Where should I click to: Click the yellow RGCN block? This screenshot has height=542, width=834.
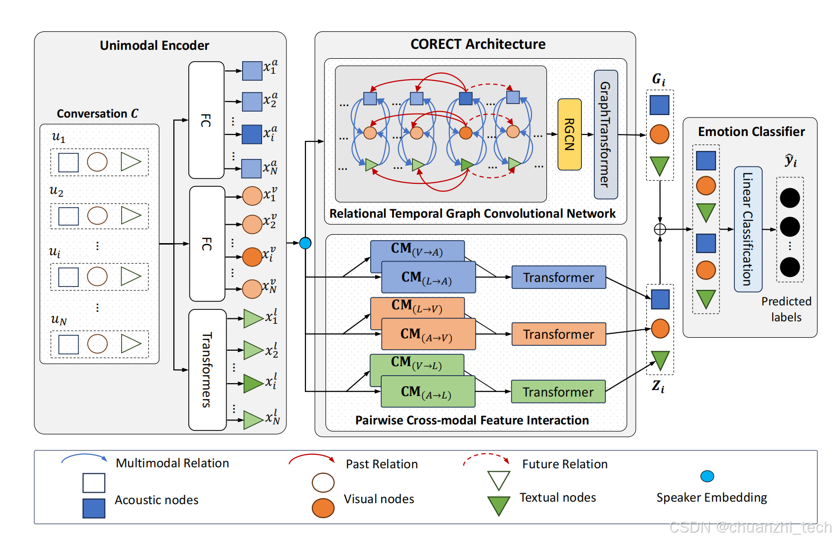tap(569, 135)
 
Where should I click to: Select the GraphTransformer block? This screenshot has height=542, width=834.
tap(606, 135)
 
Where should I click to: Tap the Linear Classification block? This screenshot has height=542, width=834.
tap(748, 229)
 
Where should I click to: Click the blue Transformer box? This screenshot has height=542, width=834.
tap(558, 277)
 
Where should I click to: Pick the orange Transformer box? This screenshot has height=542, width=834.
tap(558, 334)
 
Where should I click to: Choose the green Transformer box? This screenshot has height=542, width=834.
tap(558, 392)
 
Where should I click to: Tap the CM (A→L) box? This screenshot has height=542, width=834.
tap(427, 392)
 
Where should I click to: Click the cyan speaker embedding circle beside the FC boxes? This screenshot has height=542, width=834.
tap(305, 243)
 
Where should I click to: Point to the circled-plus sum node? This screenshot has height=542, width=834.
tap(660, 229)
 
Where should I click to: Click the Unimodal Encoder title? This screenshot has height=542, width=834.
tap(154, 45)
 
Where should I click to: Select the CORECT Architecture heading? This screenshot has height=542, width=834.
tap(478, 44)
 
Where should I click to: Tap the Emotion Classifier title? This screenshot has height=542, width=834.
tap(751, 132)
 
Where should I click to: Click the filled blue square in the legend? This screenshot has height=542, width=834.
tap(94, 509)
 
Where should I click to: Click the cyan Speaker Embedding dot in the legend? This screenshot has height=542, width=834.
tap(707, 476)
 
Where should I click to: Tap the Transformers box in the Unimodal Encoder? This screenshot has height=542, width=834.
tap(207, 370)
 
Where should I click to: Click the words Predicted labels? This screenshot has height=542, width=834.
tap(786, 309)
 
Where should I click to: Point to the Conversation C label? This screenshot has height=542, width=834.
tap(98, 114)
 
